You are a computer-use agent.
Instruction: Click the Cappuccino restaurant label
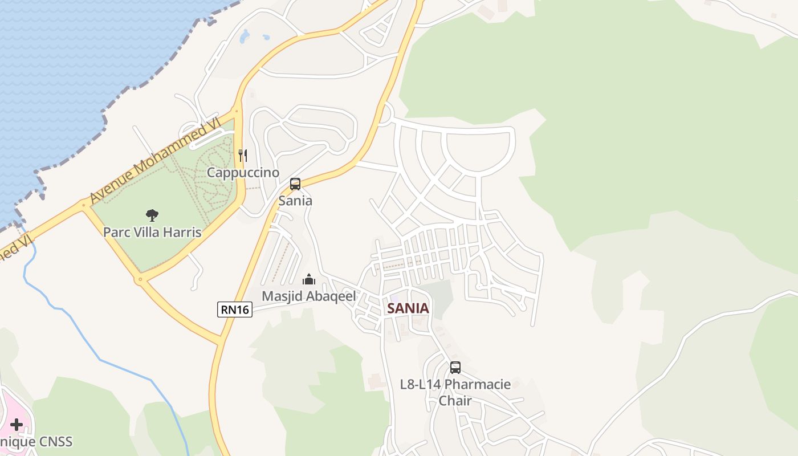pyautogui.click(x=243, y=172)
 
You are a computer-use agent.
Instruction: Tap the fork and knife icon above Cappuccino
pyautogui.click(x=243, y=155)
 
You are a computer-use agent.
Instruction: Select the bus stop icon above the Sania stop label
pyautogui.click(x=295, y=184)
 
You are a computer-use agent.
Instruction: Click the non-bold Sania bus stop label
pyautogui.click(x=295, y=201)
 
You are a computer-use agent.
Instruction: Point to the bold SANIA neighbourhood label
pyautogui.click(x=408, y=308)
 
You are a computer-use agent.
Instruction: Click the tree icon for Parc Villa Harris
pyautogui.click(x=152, y=215)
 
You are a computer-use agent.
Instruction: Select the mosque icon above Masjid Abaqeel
pyautogui.click(x=309, y=279)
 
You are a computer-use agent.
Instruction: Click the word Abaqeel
pyautogui.click(x=332, y=296)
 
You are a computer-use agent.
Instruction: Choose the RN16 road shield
pyautogui.click(x=235, y=310)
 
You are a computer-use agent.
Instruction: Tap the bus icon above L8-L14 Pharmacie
pyautogui.click(x=455, y=368)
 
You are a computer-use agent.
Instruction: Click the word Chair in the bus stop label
pyautogui.click(x=455, y=401)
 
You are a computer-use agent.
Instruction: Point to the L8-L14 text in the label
pyautogui.click(x=421, y=384)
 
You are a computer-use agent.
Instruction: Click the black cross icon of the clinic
pyautogui.click(x=17, y=425)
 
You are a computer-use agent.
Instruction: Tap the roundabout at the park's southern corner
pyautogui.click(x=139, y=279)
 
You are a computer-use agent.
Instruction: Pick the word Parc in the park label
pyautogui.click(x=114, y=233)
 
